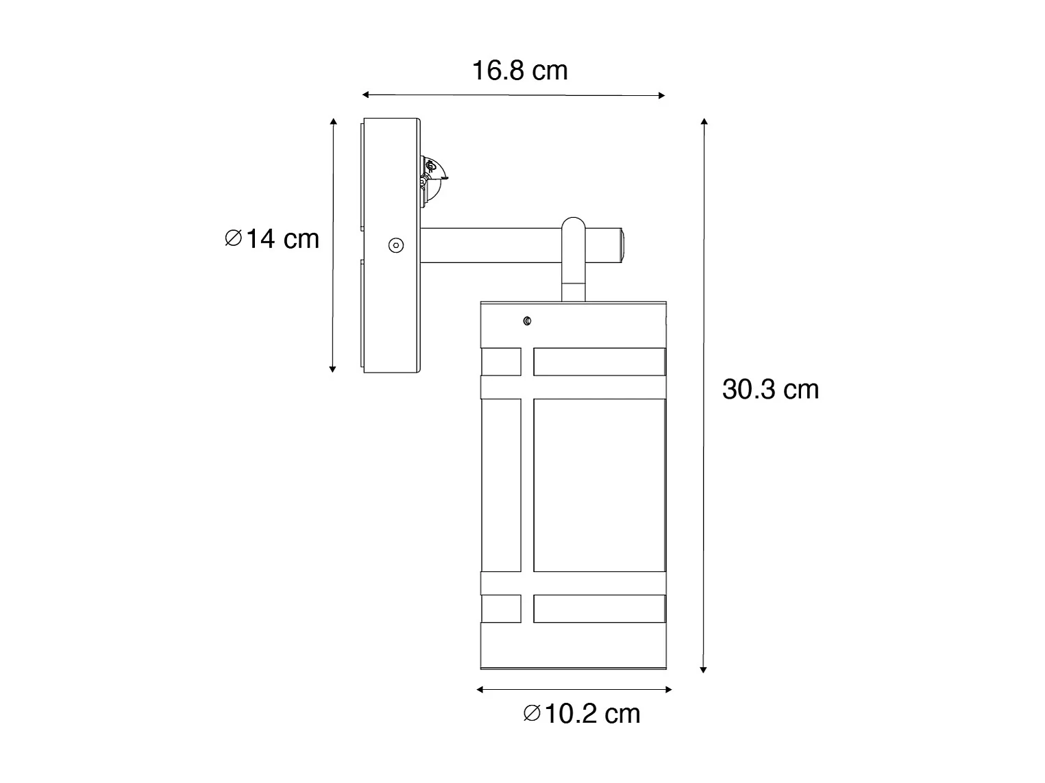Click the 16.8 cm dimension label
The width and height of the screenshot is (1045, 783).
coord(519,71)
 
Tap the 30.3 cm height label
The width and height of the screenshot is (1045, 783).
coord(770,389)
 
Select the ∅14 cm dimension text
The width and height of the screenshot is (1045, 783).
coord(272,238)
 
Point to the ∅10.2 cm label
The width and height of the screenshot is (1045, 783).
coord(582,714)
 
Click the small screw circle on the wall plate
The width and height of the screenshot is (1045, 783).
coord(396,246)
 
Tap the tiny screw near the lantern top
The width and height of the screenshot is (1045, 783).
coord(527,321)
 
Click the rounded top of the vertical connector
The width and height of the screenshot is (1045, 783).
coord(574,224)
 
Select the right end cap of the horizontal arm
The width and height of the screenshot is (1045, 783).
coord(622,245)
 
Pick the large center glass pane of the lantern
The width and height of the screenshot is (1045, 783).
coord(600,485)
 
